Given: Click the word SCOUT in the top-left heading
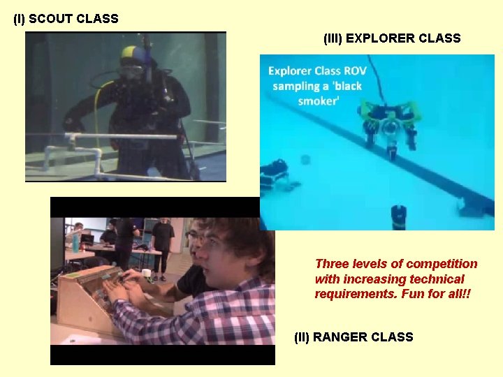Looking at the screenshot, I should click(x=52, y=19).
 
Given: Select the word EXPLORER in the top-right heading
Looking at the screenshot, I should click(x=378, y=38).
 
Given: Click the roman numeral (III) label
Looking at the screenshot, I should click(x=333, y=38).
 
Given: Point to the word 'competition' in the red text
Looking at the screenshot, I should click(x=442, y=264).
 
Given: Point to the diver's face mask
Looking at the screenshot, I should click(x=132, y=70).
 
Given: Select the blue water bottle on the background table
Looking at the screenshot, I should click(x=75, y=241).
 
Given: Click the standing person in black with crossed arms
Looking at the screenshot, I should click(x=163, y=241).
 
